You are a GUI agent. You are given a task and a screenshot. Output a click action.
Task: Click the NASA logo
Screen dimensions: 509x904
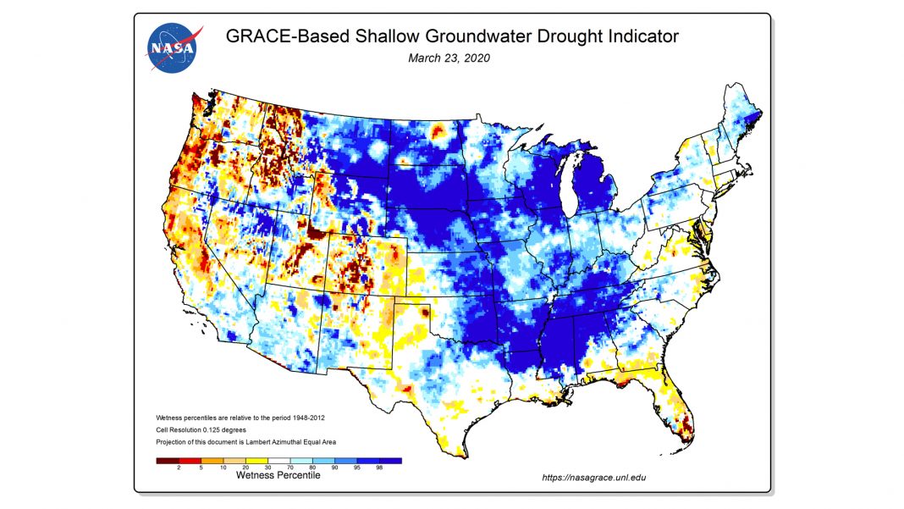tap(174, 47)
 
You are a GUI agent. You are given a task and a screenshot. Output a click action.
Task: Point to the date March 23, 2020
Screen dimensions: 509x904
tap(449, 58)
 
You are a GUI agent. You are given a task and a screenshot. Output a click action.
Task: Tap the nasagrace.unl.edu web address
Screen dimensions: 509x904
tap(593, 478)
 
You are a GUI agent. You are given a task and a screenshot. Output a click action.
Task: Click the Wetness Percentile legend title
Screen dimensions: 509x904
tap(278, 476)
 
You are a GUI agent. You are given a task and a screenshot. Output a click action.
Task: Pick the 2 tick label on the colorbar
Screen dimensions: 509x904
tap(178, 468)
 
